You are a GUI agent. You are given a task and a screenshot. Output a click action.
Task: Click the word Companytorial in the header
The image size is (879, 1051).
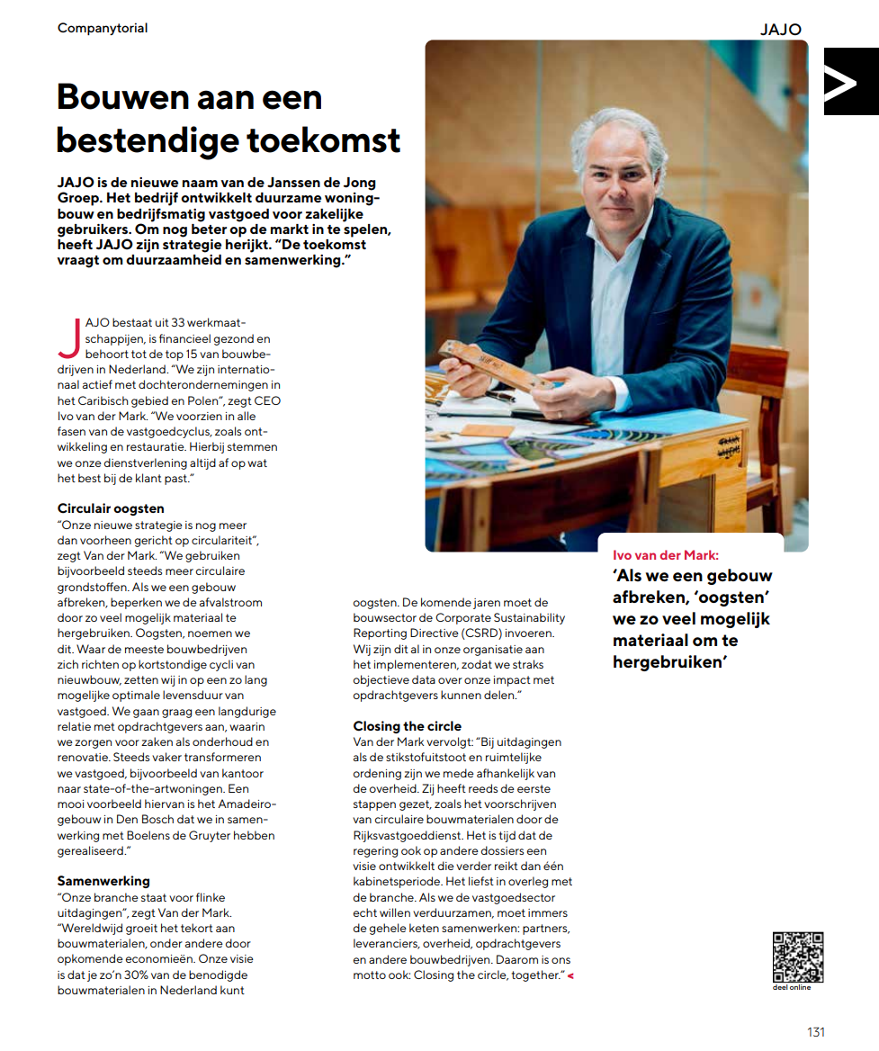click(103, 28)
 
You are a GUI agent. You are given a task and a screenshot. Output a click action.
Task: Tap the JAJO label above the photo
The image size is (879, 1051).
click(780, 29)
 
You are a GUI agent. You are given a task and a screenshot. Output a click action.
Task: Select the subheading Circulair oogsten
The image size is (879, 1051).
click(111, 508)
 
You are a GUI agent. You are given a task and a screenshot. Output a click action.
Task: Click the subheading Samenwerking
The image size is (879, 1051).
click(103, 881)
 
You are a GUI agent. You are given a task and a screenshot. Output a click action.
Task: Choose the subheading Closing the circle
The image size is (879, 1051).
click(407, 726)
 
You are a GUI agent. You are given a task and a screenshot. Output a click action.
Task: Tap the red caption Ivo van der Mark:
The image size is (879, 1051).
click(666, 555)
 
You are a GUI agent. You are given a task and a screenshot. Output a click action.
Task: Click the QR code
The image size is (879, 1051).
click(797, 957)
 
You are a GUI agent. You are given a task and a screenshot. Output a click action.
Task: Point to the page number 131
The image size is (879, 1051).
click(815, 1032)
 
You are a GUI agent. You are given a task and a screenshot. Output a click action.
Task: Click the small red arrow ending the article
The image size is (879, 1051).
click(570, 976)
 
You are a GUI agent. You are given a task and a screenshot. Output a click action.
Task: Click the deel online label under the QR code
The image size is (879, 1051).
click(792, 988)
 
